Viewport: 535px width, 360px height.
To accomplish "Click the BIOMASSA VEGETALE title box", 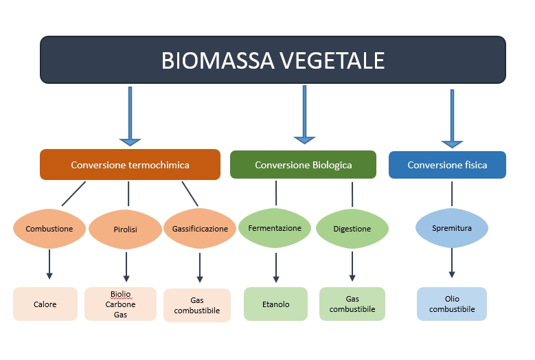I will tap(273, 60).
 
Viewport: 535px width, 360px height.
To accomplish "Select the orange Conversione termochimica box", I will tap(130, 165).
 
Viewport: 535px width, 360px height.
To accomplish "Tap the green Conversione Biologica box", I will tap(303, 165).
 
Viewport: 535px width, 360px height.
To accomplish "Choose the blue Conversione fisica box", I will tap(447, 165).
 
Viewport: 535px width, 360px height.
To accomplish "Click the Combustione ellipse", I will tap(49, 229).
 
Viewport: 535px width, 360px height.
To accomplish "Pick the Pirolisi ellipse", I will tap(126, 229).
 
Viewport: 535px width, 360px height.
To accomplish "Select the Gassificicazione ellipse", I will tap(200, 229).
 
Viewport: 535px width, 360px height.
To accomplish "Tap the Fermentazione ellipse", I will tap(275, 228).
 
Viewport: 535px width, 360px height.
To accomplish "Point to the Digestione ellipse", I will tap(352, 229).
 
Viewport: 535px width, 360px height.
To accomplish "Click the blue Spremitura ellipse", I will tap(452, 228).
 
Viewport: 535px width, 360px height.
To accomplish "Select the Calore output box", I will tap(45, 304).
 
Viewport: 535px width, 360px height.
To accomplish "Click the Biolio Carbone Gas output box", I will tap(120, 304).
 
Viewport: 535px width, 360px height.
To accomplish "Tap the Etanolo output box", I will tap(275, 304).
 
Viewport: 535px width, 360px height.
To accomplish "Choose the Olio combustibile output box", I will tap(452, 304).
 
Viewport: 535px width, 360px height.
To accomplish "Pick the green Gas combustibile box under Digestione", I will tap(352, 304).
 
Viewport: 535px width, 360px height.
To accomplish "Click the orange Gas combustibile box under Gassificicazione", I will tap(197, 305).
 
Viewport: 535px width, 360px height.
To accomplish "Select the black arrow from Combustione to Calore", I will tap(49, 265).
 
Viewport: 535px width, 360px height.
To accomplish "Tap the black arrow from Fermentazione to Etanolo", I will tap(276, 268).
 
